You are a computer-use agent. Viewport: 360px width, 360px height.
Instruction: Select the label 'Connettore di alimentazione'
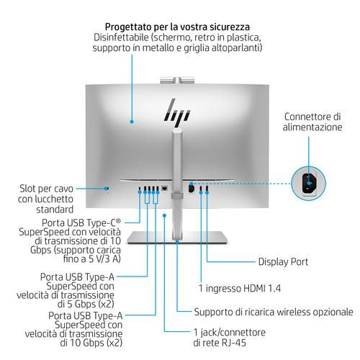click(x=312, y=121)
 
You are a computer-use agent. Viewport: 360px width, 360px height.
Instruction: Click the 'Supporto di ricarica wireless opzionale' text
click(x=274, y=312)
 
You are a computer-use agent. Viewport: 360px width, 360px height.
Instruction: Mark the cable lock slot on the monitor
click(x=107, y=189)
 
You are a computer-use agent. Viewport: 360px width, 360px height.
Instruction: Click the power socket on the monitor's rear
click(x=192, y=188)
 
